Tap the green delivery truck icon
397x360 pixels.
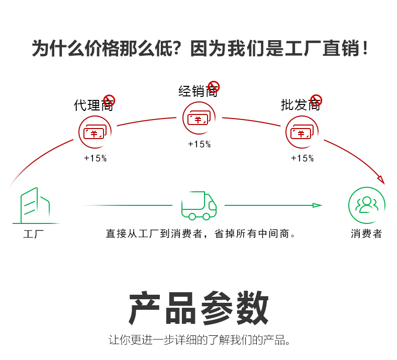(x=198, y=205)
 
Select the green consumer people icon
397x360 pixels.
(x=367, y=205)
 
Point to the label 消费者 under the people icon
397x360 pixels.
(x=366, y=234)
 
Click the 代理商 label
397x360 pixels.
(x=93, y=105)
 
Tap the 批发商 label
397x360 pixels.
(x=300, y=105)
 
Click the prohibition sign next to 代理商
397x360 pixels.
(x=109, y=100)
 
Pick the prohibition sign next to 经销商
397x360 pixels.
(x=214, y=86)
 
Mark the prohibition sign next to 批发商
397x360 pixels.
(x=316, y=100)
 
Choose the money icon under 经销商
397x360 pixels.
(x=200, y=119)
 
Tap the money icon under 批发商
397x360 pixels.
(x=302, y=133)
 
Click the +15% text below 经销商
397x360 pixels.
(x=200, y=145)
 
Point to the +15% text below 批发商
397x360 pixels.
(x=302, y=158)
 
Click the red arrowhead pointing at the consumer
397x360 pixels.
(x=380, y=180)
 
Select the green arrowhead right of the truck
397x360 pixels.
(x=317, y=205)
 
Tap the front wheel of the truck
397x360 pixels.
(x=206, y=216)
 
